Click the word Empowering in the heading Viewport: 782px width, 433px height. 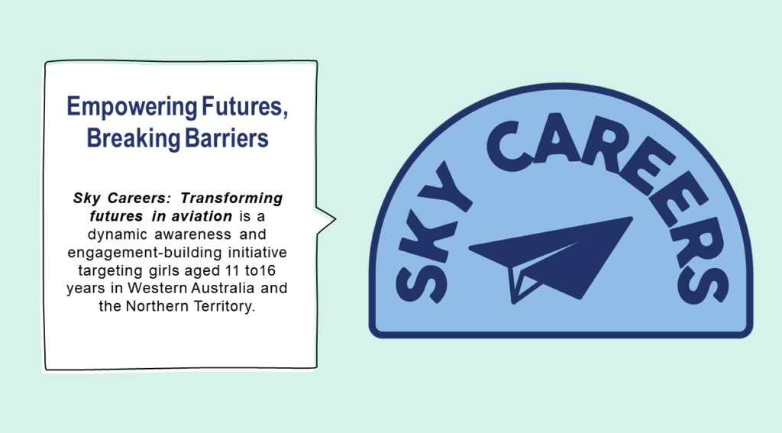pyautogui.click(x=132, y=107)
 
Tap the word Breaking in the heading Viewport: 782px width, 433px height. pyautogui.click(x=133, y=138)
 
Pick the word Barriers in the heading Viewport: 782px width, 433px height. pyautogui.click(x=226, y=137)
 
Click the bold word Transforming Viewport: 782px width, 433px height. pyautogui.click(x=231, y=199)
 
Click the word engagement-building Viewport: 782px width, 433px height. pyautogui.click(x=144, y=253)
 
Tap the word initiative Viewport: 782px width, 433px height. pyautogui.click(x=257, y=253)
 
